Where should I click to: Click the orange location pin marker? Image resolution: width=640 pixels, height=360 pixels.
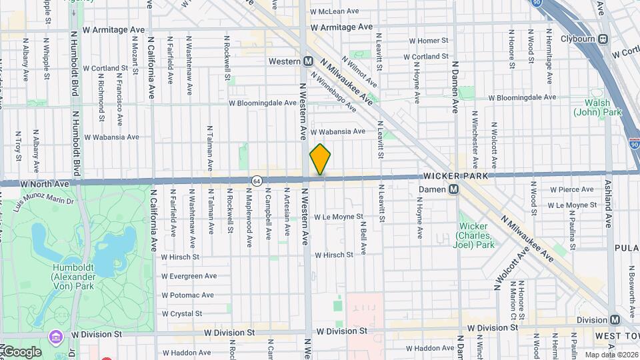click(321, 159)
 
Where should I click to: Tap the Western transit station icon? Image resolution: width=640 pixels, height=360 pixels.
click(309, 61)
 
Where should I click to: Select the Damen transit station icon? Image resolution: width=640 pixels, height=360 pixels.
click(453, 190)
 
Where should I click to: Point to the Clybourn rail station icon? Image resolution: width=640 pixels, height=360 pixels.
click(603, 39)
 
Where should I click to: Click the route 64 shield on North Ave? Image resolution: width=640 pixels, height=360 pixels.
click(257, 181)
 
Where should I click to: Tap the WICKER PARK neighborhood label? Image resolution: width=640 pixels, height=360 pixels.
click(456, 175)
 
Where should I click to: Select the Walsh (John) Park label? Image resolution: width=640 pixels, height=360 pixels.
click(602, 108)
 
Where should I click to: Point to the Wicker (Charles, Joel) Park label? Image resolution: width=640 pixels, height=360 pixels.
click(476, 235)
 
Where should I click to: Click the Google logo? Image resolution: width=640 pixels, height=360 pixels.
click(21, 351)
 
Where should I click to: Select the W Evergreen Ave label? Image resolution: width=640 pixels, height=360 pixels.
click(189, 275)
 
